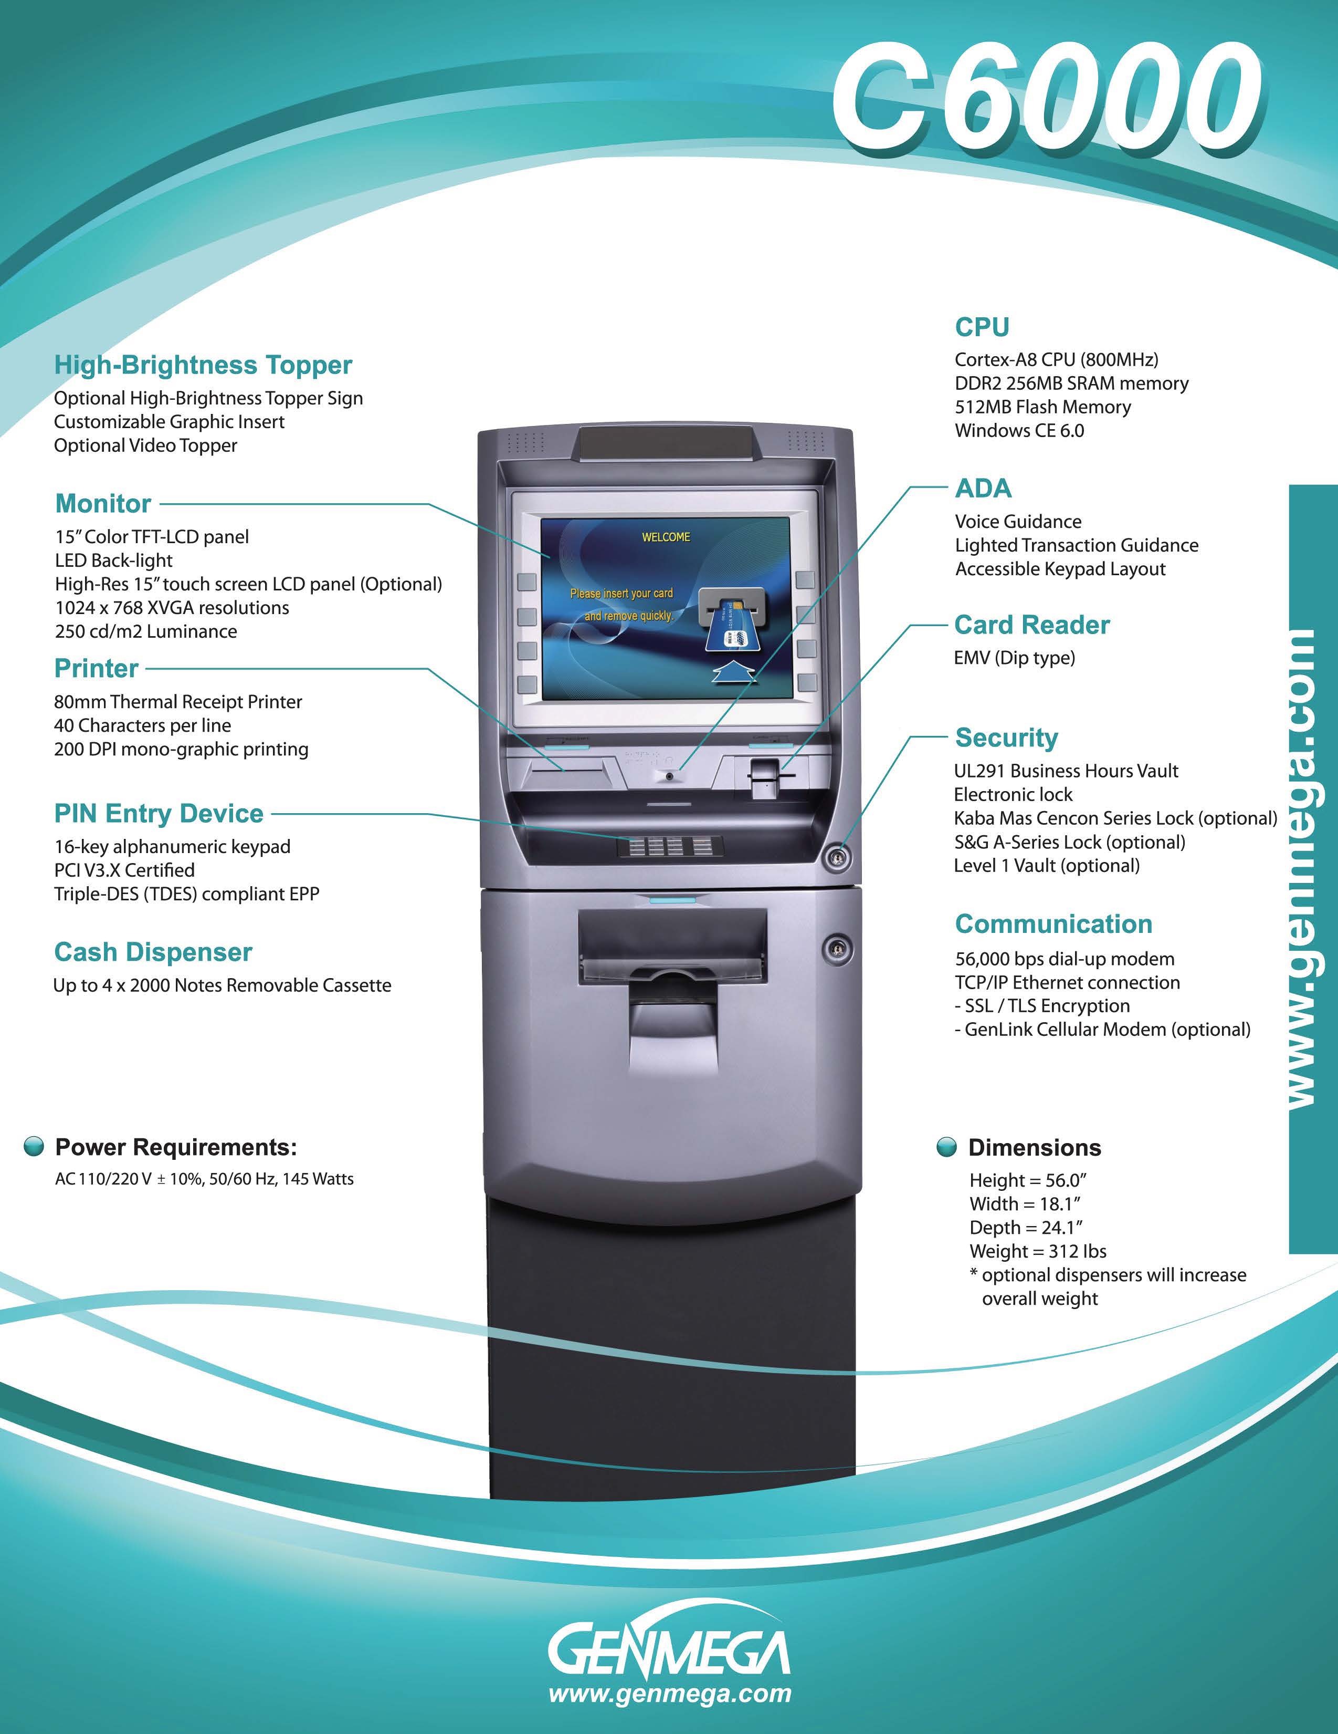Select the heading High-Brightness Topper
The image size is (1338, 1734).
[x=203, y=365]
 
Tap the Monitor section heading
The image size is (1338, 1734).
[x=103, y=503]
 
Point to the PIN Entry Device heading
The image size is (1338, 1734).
[x=159, y=813]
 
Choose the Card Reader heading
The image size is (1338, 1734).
[x=1031, y=625]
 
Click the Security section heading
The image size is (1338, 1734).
[x=1006, y=737]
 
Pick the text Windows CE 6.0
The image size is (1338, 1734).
[x=1019, y=430]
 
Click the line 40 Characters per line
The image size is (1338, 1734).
[x=143, y=725]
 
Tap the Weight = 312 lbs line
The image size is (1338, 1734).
[x=1037, y=1251]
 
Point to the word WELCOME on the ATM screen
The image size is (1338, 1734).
[x=666, y=537]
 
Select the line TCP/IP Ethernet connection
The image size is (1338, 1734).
[x=1067, y=982]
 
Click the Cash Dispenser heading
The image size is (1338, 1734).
[x=153, y=951]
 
